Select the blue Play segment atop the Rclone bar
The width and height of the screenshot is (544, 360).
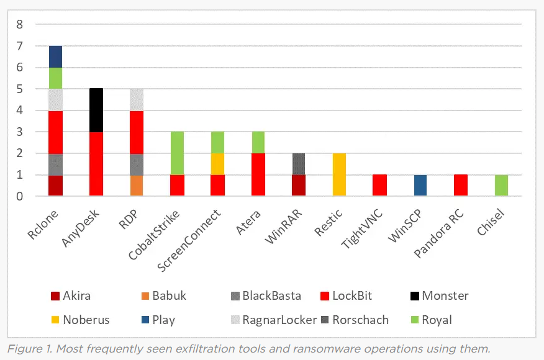click(55, 56)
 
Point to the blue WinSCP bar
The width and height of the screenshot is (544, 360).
click(420, 186)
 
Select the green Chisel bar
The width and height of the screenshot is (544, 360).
click(501, 186)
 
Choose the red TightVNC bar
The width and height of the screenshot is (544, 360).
click(380, 186)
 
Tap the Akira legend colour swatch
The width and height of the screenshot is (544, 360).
click(55, 296)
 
